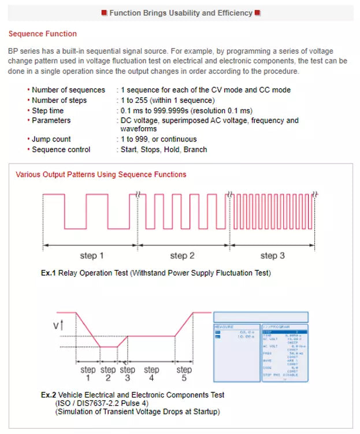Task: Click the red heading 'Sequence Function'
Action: (x=42, y=34)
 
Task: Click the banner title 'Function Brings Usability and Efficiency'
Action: (x=181, y=13)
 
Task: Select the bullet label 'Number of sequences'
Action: (x=68, y=90)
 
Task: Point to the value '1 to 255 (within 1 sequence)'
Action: (x=167, y=100)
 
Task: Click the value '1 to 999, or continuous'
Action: (x=158, y=139)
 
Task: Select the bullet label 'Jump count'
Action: (x=51, y=139)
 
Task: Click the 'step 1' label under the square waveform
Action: (x=92, y=255)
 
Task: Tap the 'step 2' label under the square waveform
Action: (x=182, y=255)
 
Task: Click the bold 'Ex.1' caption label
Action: (x=49, y=273)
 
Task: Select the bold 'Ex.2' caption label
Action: (x=49, y=395)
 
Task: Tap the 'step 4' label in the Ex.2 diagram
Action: (x=151, y=373)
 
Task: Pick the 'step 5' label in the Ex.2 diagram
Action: (x=184, y=373)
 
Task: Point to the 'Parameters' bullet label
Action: (x=51, y=120)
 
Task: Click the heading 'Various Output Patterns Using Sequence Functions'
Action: (x=101, y=174)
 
